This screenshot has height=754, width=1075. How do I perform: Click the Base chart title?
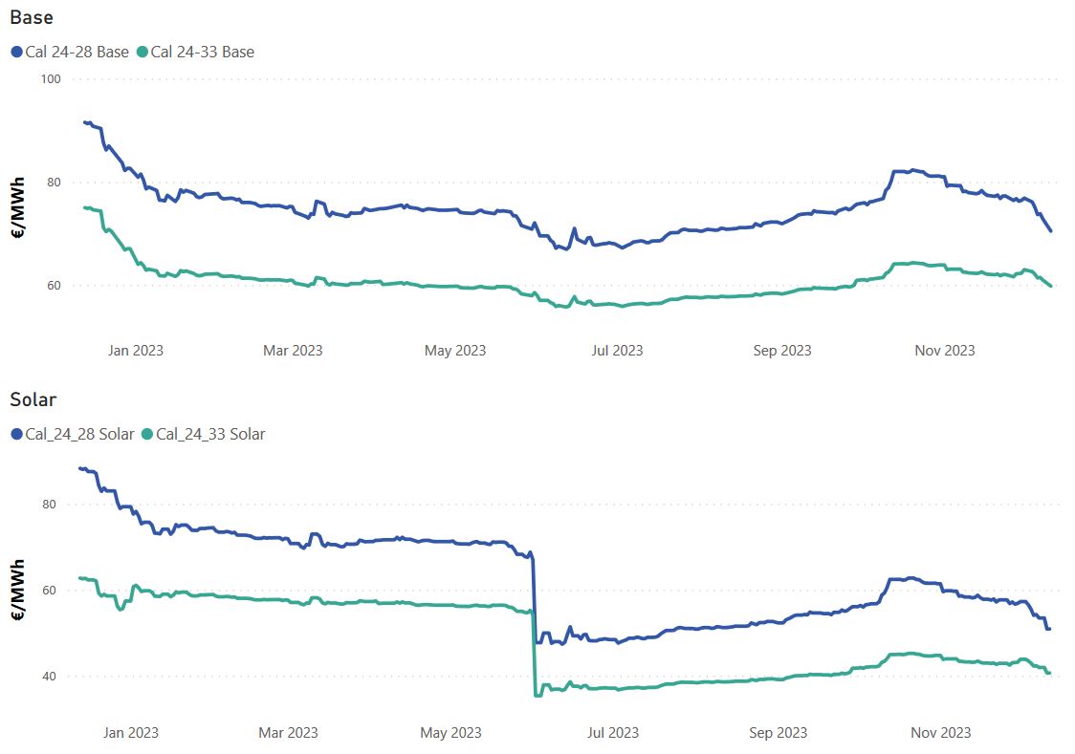pos(32,17)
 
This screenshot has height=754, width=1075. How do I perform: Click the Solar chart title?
pos(33,399)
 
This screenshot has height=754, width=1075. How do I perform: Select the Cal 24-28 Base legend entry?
pos(77,52)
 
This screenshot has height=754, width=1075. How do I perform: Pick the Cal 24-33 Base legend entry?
pos(203,52)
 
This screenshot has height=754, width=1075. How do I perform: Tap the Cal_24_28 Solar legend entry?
pos(80,434)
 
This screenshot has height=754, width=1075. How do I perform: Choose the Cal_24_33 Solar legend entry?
pos(210,434)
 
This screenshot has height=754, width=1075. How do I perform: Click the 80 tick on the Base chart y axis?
pos(52,183)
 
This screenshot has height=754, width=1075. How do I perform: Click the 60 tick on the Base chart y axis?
pos(52,286)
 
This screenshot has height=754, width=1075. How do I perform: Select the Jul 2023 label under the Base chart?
pos(617,351)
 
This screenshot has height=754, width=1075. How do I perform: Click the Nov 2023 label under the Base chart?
pos(945,351)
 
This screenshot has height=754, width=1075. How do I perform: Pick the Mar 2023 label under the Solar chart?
pos(289,733)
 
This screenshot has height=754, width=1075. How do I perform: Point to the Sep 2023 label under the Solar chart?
pos(778,733)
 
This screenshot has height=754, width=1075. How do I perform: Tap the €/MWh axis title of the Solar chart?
pos(17,591)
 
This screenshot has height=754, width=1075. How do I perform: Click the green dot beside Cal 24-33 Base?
pos(143,52)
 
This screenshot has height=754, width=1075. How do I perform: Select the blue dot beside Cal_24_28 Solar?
pos(16,434)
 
